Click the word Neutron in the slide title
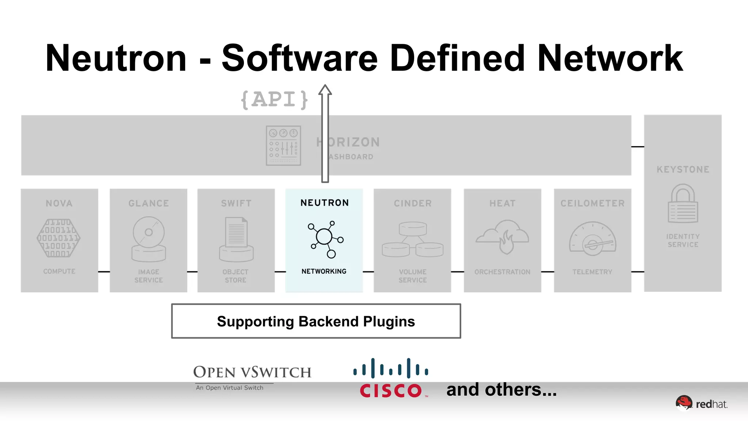point(116,58)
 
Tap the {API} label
point(274,99)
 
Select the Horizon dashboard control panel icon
point(283,145)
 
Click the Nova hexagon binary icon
point(59,238)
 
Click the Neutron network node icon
point(325,239)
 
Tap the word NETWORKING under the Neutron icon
point(324,271)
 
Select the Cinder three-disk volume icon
point(413,239)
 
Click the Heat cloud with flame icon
point(503,236)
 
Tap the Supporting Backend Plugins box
point(316,321)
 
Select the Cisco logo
point(391,378)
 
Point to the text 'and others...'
point(501,390)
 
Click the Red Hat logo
point(701,403)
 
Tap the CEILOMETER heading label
point(592,204)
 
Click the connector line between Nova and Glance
point(104,272)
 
